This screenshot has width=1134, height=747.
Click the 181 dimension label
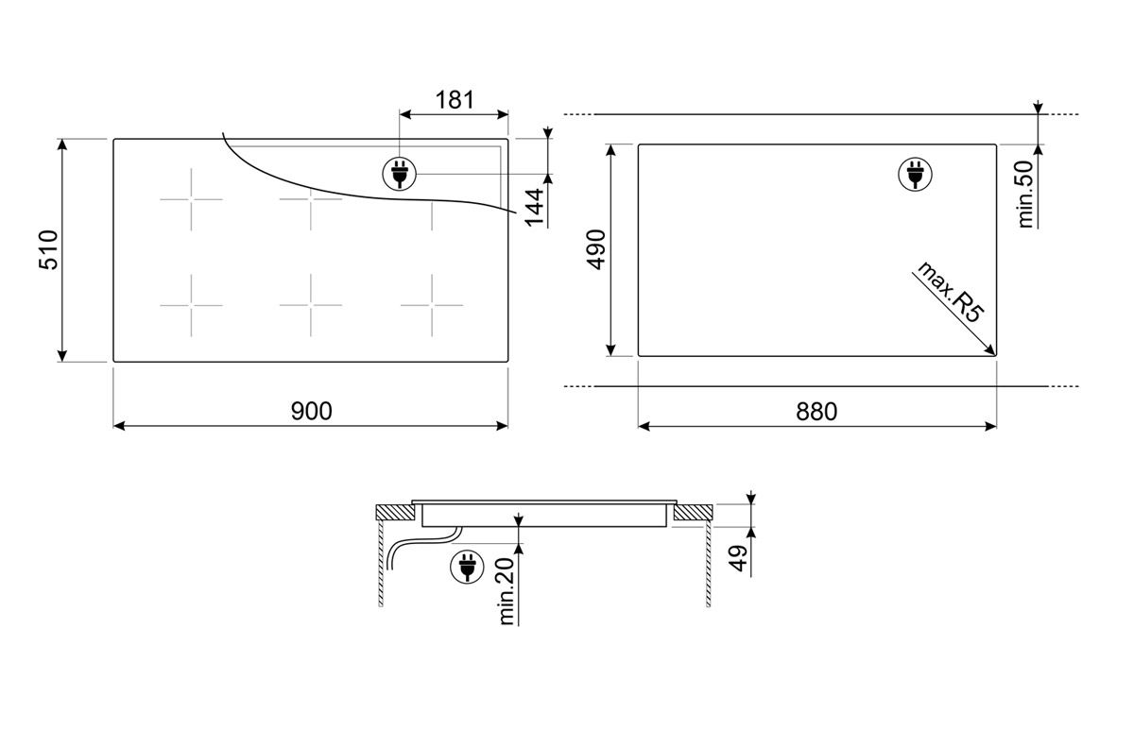click(x=455, y=100)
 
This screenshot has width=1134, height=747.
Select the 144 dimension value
click(x=535, y=208)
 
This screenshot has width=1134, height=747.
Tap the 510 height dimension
click(x=49, y=250)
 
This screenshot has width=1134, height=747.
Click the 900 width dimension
click(x=311, y=411)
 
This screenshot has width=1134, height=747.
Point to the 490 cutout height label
click(x=596, y=250)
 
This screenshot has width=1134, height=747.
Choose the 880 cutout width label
click(x=816, y=412)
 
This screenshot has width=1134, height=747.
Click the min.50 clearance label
click(x=1024, y=195)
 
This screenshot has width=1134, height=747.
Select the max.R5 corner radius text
click(x=948, y=294)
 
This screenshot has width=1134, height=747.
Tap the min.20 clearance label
click(x=507, y=592)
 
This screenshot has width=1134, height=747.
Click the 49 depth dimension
click(x=739, y=558)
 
